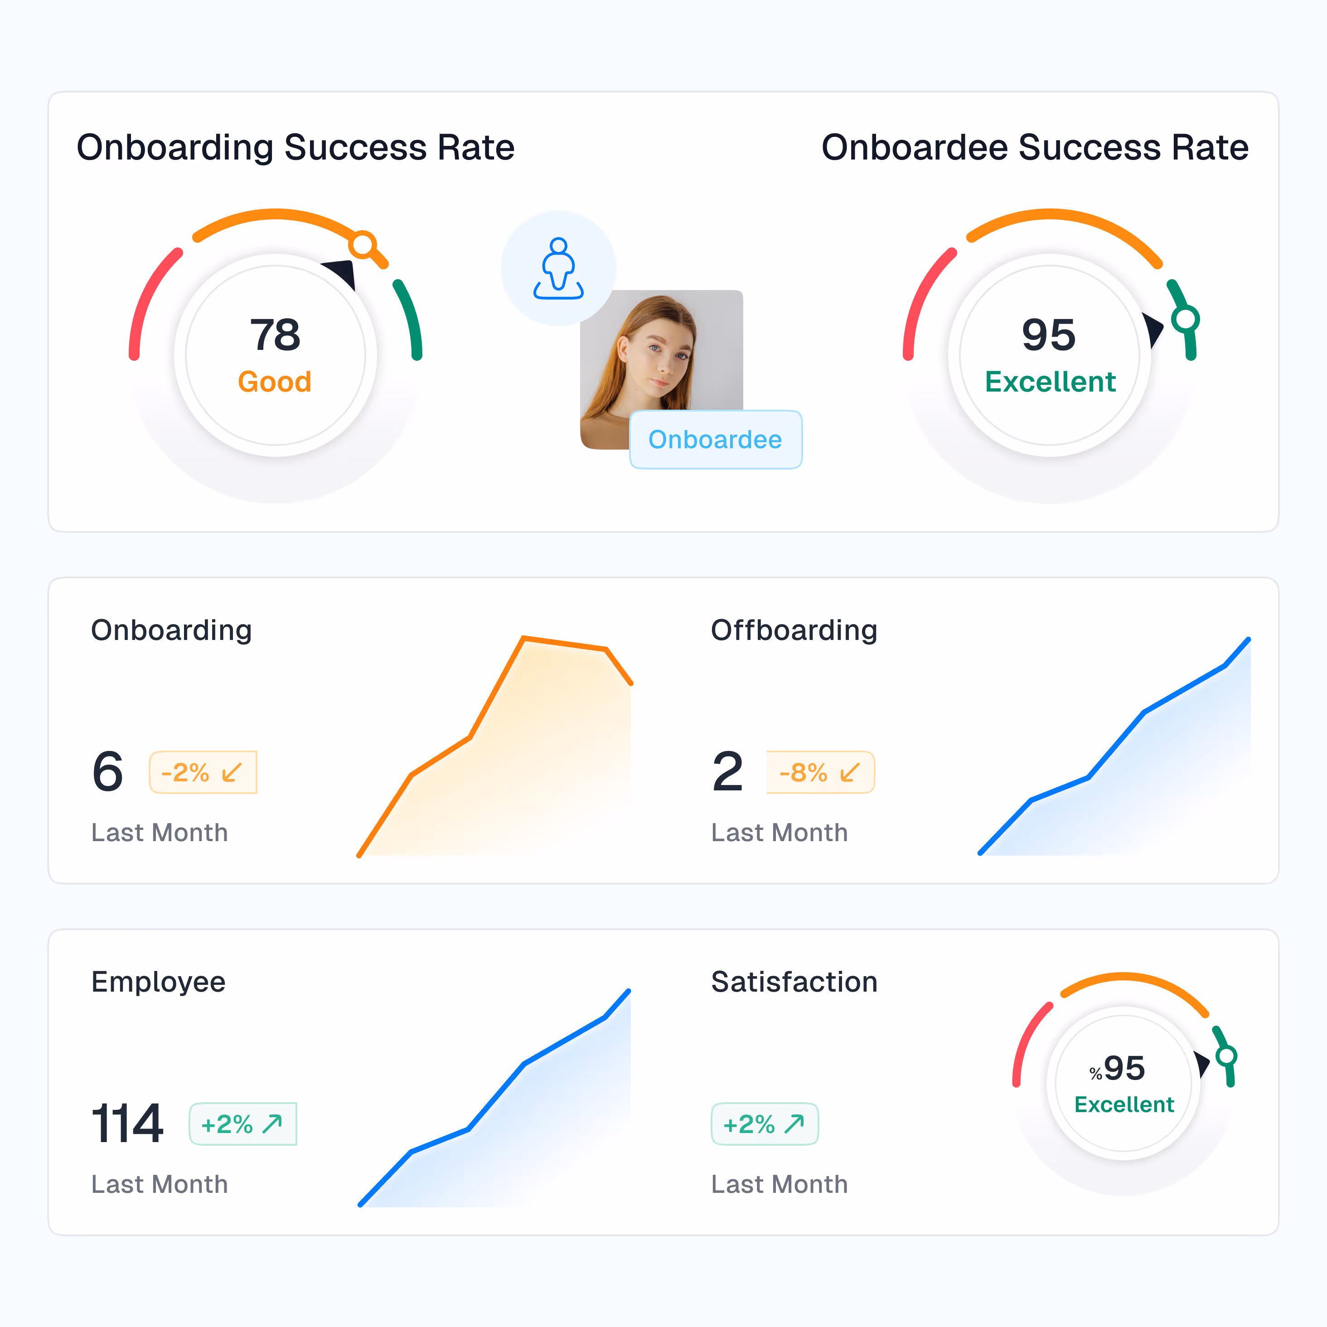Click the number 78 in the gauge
point(275,335)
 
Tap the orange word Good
point(275,382)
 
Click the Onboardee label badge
point(715,440)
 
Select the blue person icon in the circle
point(558,269)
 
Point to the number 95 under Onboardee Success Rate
point(1048,335)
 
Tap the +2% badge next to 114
point(242,1124)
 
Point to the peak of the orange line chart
point(524,639)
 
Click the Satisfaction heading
point(794,982)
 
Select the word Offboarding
point(794,630)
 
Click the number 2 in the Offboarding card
point(727,772)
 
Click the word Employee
point(158,982)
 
